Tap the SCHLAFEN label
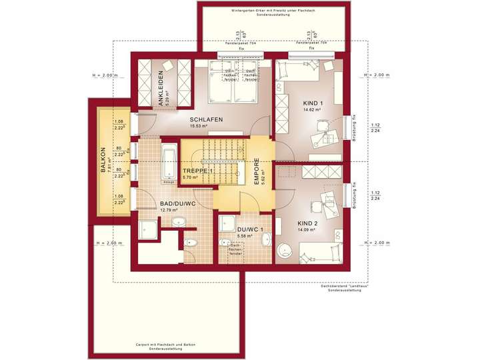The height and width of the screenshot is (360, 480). pos(206,119)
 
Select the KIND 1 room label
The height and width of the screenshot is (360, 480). pos(313,103)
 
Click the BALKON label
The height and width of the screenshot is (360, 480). pos(103,160)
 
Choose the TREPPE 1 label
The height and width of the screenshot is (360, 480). pos(197,171)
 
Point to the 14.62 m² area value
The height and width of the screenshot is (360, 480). pos(313,110)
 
